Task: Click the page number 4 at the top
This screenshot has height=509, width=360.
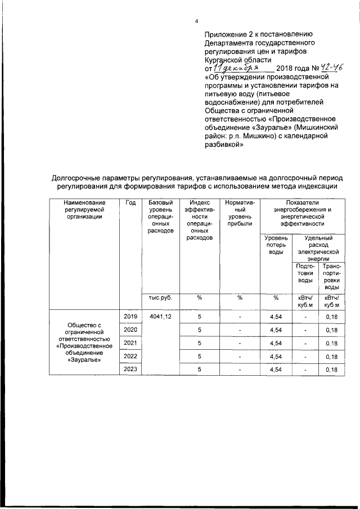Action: click(x=197, y=21)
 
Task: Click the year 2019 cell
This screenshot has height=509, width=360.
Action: click(x=130, y=317)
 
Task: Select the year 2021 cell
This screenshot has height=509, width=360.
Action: click(x=130, y=343)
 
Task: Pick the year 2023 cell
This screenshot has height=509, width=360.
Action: click(x=130, y=369)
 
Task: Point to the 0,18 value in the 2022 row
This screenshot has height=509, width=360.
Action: click(x=331, y=356)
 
